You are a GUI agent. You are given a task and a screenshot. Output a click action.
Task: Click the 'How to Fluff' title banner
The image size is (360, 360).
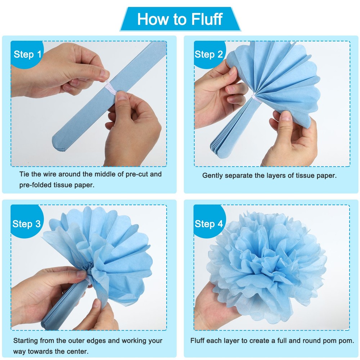click(180, 19)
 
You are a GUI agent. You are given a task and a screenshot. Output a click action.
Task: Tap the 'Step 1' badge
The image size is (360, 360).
click(27, 55)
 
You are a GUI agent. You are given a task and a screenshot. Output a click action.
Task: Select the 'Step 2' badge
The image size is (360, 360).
click(209, 55)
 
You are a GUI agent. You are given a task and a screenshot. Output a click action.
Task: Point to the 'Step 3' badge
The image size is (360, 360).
click(27, 224)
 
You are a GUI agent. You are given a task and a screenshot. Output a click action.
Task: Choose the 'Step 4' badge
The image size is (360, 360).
click(209, 224)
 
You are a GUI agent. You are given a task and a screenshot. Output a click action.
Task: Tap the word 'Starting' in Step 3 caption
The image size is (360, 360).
click(26, 341)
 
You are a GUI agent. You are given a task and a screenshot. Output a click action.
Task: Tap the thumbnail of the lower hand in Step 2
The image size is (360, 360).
click(286, 116)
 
